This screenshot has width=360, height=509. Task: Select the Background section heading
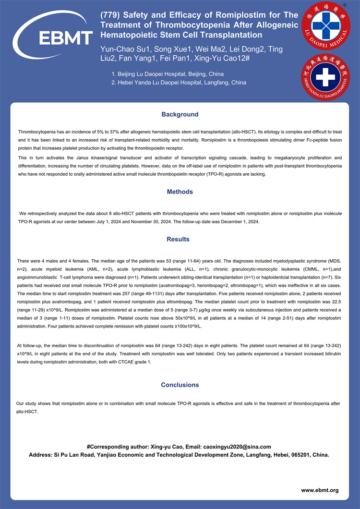click(x=180, y=114)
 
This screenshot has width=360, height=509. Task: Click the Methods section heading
click(x=180, y=192)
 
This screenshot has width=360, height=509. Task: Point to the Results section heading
click(x=178, y=239)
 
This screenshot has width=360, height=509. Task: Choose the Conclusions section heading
click(x=180, y=385)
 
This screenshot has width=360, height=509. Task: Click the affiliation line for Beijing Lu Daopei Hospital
click(x=167, y=74)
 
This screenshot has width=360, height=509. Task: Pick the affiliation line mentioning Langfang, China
click(x=179, y=83)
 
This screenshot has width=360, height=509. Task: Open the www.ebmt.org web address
click(x=320, y=490)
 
